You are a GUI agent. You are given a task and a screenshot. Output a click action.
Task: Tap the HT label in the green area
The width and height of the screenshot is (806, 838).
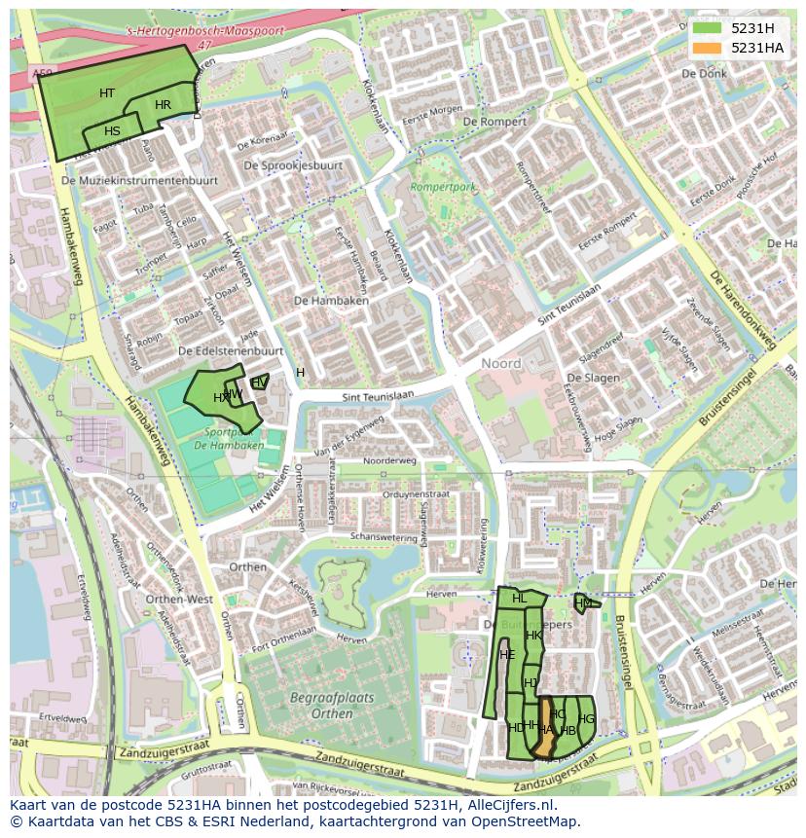(x=107, y=93)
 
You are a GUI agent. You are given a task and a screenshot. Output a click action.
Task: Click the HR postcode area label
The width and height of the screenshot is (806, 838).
(x=163, y=105)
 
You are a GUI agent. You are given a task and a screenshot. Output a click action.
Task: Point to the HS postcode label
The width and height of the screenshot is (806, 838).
(x=113, y=131)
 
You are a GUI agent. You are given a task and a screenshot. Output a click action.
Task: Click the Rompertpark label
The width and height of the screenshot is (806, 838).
(x=443, y=186)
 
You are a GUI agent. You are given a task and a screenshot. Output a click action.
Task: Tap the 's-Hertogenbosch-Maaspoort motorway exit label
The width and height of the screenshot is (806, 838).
(x=204, y=31)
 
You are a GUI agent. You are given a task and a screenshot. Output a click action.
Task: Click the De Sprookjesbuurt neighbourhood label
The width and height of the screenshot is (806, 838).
(x=293, y=165)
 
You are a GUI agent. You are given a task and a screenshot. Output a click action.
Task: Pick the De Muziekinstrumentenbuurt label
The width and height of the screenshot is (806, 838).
(x=138, y=181)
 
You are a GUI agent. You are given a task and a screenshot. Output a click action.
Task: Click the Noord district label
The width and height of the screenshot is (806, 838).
(x=501, y=363)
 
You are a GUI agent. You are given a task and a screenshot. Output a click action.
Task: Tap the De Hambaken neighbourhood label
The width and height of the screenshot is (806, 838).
(x=330, y=301)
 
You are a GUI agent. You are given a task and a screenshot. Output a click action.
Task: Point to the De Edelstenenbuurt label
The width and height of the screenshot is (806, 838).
(x=231, y=350)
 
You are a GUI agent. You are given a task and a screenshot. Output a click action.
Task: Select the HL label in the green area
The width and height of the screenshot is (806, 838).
(x=519, y=599)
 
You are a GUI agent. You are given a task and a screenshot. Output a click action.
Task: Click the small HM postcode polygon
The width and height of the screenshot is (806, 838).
(x=582, y=603)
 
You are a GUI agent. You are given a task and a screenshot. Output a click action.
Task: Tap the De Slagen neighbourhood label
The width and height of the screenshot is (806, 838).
(x=594, y=378)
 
